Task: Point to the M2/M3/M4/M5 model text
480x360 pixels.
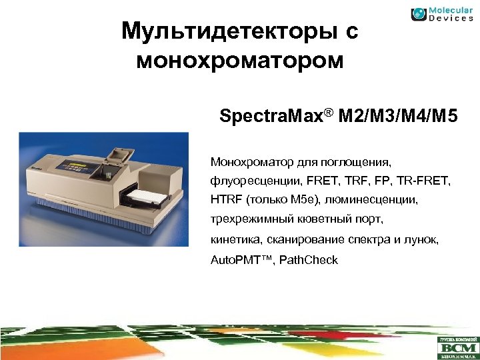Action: pos(399,119)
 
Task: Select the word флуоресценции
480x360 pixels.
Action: pos(250,180)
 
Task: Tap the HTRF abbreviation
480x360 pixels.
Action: pos(226,200)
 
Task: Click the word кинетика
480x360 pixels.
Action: pos(233,239)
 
